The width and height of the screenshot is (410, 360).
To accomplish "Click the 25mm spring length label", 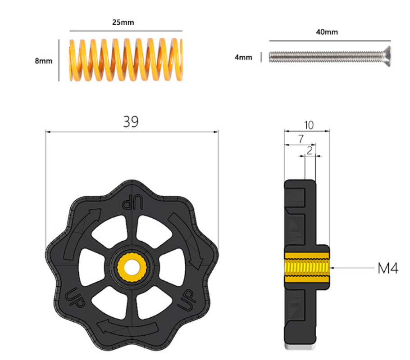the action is click(123, 22).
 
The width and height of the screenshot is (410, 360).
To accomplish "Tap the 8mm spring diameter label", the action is click(44, 61).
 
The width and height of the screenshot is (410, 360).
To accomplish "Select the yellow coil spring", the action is click(126, 59).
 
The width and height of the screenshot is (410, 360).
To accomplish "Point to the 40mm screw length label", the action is click(327, 32).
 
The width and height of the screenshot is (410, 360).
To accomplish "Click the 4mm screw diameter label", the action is click(243, 57).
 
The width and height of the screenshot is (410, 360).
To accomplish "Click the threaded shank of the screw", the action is click(325, 57).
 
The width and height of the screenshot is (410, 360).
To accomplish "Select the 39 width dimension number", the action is click(131, 121).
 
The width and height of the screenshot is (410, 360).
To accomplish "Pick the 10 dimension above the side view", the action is click(309, 125).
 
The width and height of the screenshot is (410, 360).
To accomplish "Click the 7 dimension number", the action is click(301, 139).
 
